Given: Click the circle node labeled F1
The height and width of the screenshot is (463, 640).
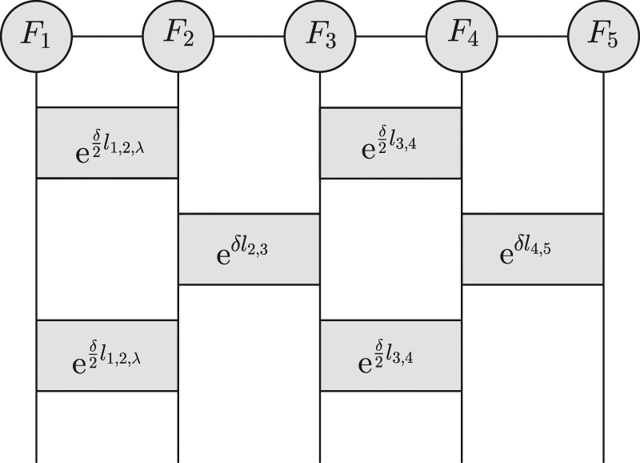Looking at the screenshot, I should click(x=37, y=37).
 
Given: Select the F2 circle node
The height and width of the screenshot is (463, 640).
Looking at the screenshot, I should click(x=178, y=37).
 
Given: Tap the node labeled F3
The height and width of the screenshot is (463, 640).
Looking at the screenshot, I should click(x=320, y=37).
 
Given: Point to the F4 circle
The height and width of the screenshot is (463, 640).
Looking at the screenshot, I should click(x=462, y=37).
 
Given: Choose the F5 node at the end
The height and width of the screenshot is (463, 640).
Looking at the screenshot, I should click(x=603, y=37).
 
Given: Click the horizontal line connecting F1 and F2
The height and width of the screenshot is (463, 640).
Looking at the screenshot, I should click(x=107, y=37).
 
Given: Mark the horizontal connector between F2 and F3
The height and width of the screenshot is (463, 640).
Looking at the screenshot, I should click(x=249, y=37).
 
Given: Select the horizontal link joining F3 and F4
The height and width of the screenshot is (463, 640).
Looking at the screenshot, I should click(x=390, y=37).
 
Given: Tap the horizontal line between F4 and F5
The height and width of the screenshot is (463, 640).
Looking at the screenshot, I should click(x=532, y=37).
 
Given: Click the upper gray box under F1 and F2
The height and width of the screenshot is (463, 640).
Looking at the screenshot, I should click(x=107, y=142).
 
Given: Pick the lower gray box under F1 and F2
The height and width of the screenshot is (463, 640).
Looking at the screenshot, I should click(x=107, y=355).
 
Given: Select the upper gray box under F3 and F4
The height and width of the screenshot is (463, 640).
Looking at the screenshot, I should click(x=390, y=142).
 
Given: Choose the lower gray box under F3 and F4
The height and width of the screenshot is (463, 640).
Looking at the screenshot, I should click(x=390, y=355).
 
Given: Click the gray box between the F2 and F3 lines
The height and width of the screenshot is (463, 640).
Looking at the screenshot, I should click(x=249, y=248).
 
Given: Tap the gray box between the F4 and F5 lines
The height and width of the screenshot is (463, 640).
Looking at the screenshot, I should click(x=532, y=248).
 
